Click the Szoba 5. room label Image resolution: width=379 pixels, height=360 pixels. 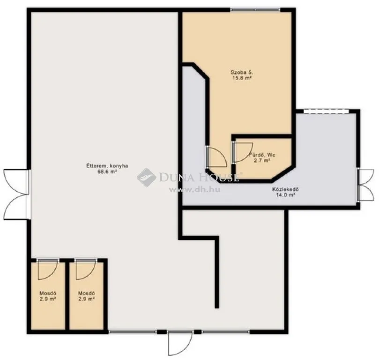click(x=241, y=72)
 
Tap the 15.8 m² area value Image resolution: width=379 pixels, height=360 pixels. click(x=241, y=78)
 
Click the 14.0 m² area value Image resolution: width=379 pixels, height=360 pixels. click(x=285, y=195)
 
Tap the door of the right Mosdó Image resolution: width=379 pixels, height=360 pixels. click(x=85, y=269)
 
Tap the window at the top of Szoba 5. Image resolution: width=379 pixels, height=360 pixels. click(x=255, y=9)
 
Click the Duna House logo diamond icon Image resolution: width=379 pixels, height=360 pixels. click(x=146, y=177)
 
